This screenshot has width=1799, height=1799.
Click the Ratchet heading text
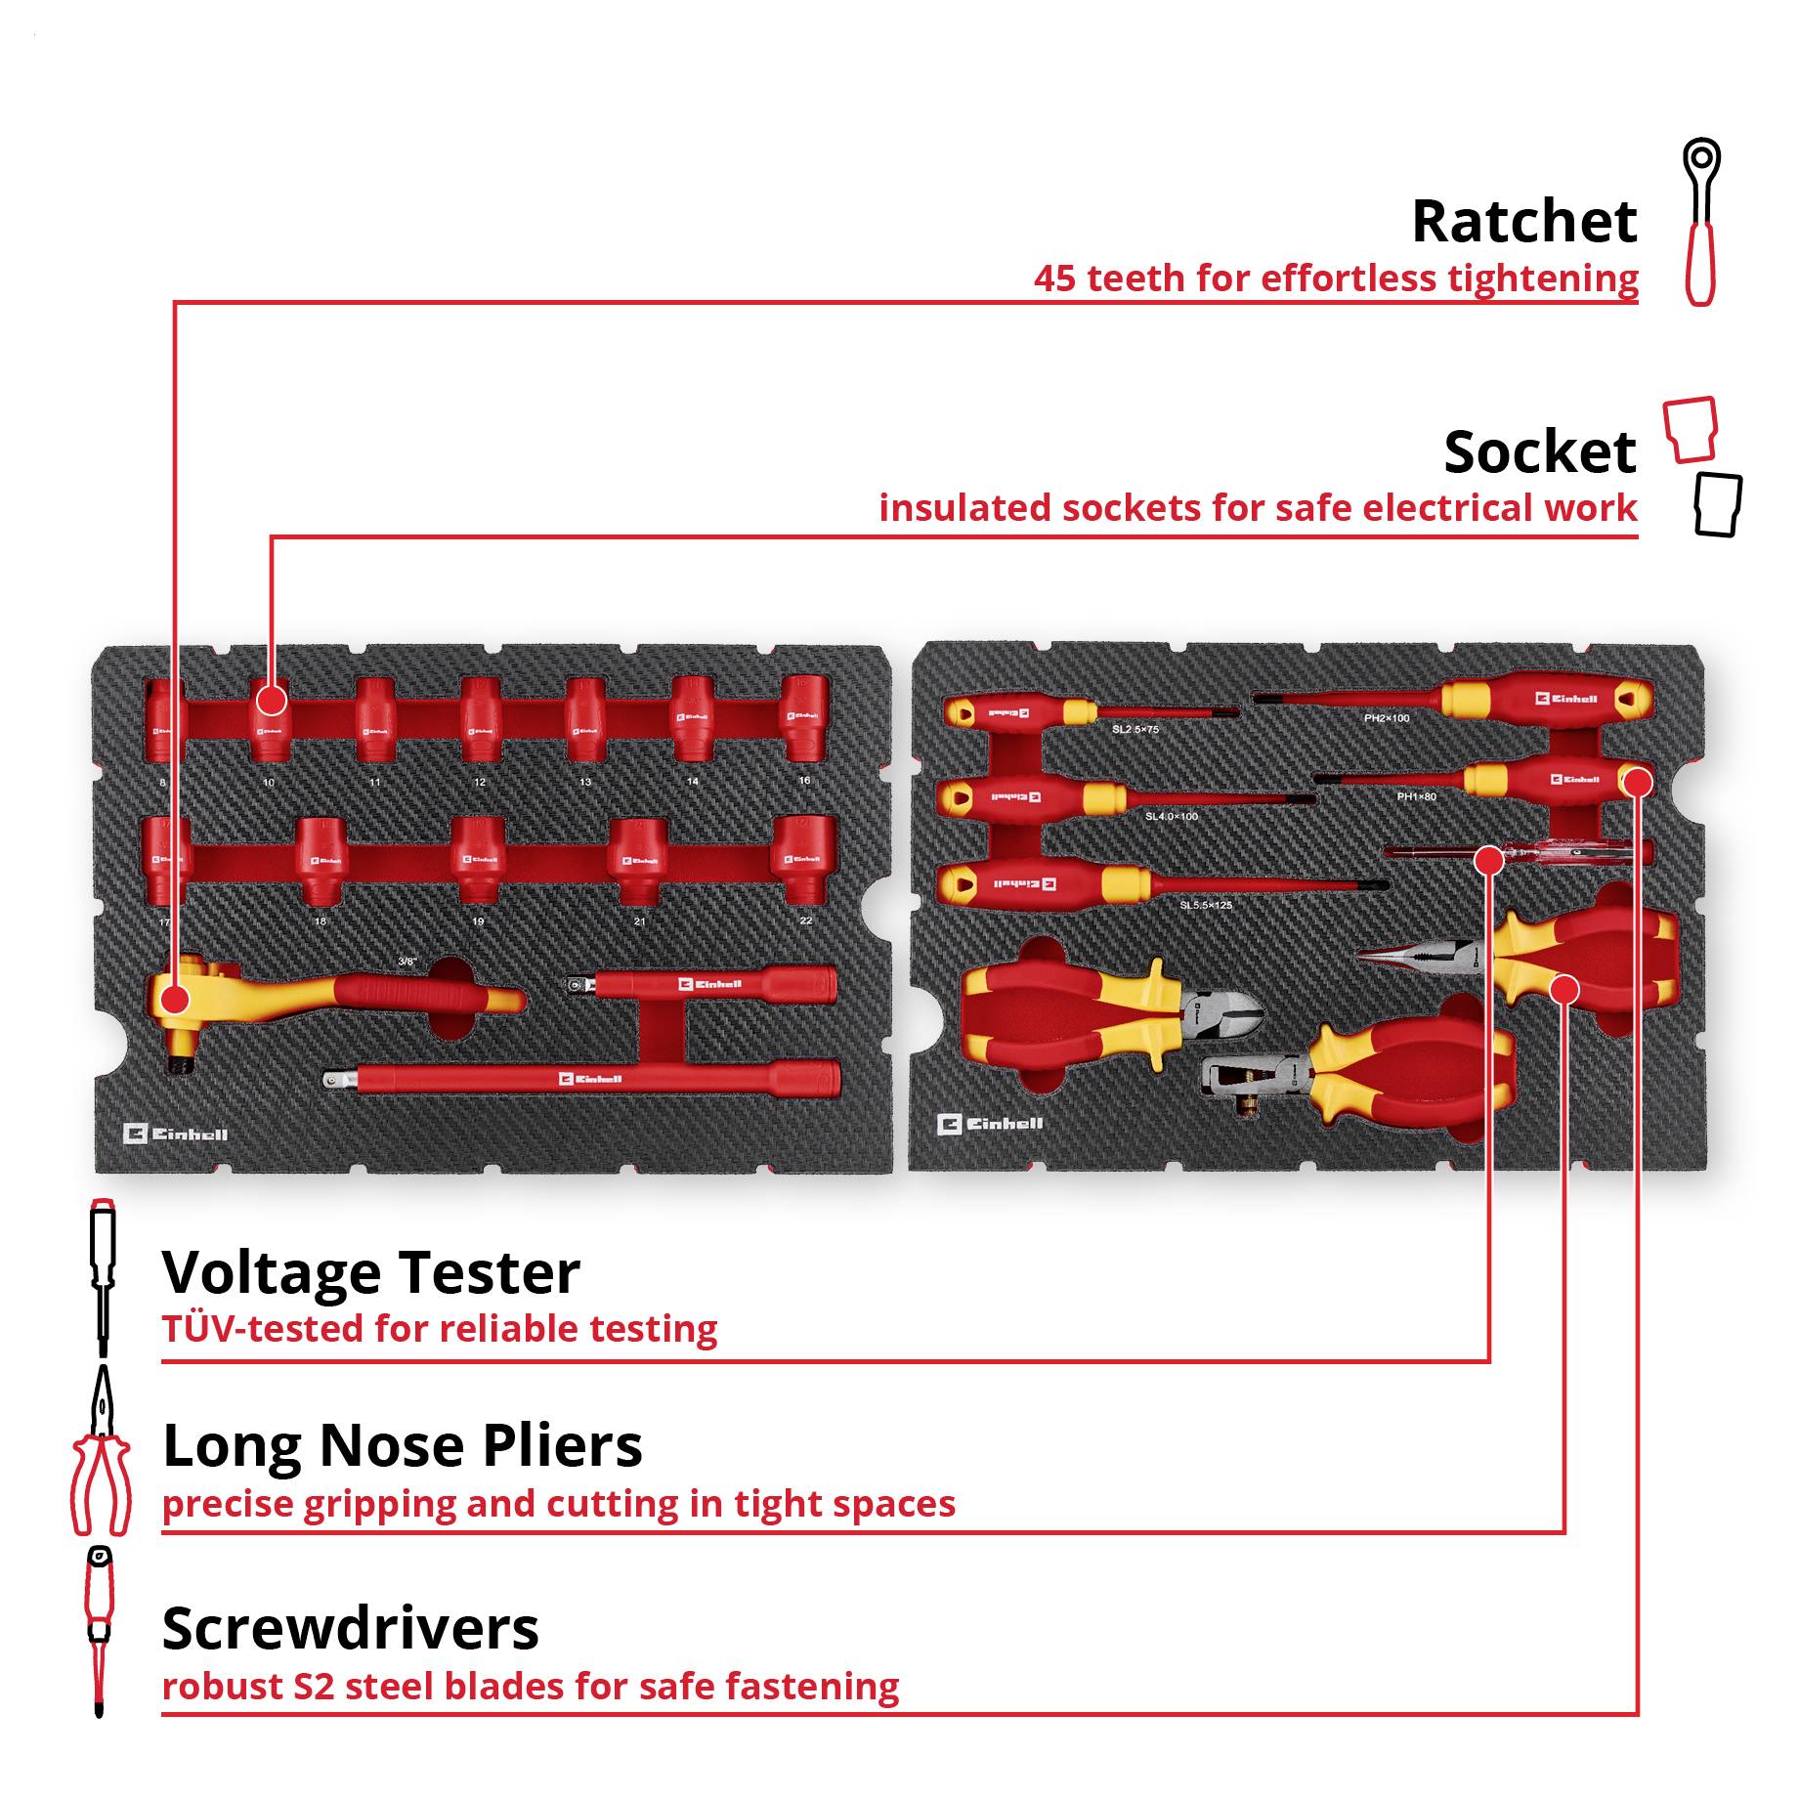pos(1523,223)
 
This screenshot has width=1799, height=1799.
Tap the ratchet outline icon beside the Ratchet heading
pos(1701,223)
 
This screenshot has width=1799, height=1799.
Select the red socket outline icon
pos(1691,428)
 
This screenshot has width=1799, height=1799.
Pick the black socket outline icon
pos(1717,504)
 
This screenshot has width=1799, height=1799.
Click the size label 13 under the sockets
pos(584,783)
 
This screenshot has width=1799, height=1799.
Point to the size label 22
pos(805,921)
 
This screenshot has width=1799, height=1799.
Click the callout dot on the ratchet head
pos(175,999)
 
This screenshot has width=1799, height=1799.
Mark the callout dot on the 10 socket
pos(272,700)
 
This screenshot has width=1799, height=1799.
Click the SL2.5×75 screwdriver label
pos(1135,730)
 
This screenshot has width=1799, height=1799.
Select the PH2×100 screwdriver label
pos(1387,718)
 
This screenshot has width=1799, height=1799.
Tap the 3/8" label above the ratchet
pos(407,962)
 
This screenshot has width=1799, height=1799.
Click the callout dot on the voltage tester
pos(1488,860)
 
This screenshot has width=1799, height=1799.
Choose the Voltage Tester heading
pos(371,1273)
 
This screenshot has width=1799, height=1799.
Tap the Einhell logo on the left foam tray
pos(176,1134)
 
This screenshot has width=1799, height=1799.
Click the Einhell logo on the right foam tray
pos(990,1124)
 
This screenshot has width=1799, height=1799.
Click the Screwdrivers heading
pos(350,1629)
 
